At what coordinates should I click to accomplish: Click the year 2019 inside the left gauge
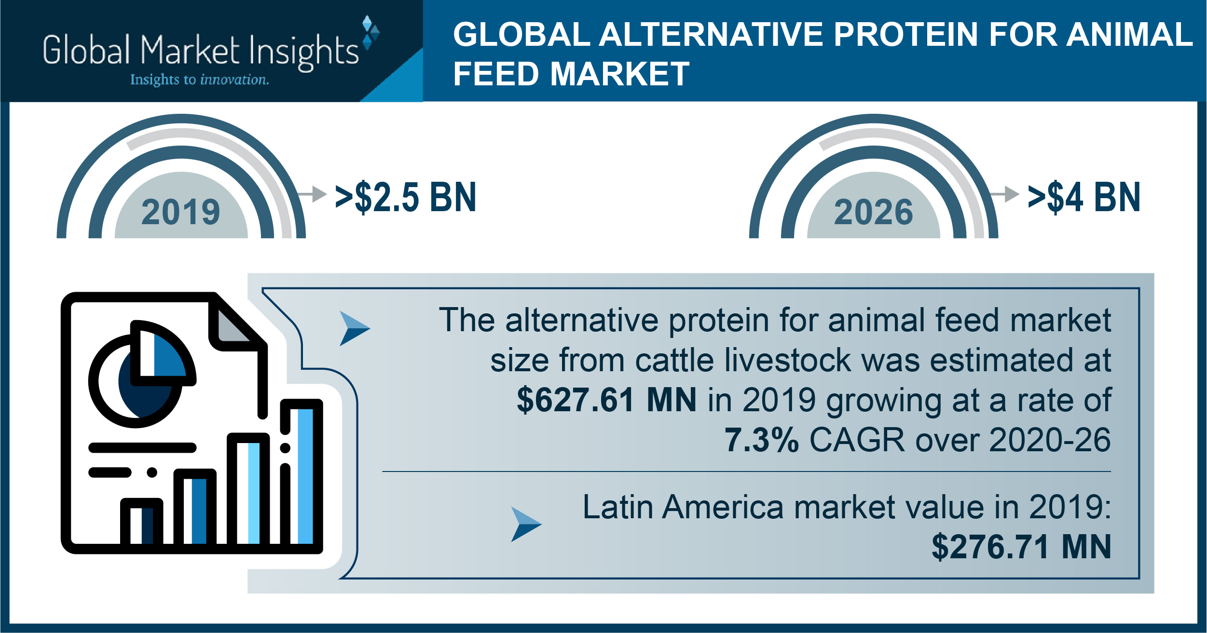pyautogui.click(x=181, y=212)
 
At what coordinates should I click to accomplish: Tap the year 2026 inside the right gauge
pyautogui.click(x=874, y=212)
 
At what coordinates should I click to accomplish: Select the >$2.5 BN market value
pyautogui.click(x=406, y=197)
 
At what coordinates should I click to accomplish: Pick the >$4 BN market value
pyautogui.click(x=1084, y=197)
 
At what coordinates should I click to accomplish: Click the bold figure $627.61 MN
pyautogui.click(x=606, y=400)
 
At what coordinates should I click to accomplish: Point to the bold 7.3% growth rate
pyautogui.click(x=762, y=440)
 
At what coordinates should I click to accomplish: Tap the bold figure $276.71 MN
pyautogui.click(x=1021, y=547)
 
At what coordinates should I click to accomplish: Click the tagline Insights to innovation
pyautogui.click(x=200, y=80)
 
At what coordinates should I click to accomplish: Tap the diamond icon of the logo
pyautogui.click(x=370, y=33)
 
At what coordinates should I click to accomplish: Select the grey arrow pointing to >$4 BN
pyautogui.click(x=1004, y=194)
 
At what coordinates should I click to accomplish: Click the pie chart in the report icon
pyautogui.click(x=142, y=374)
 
